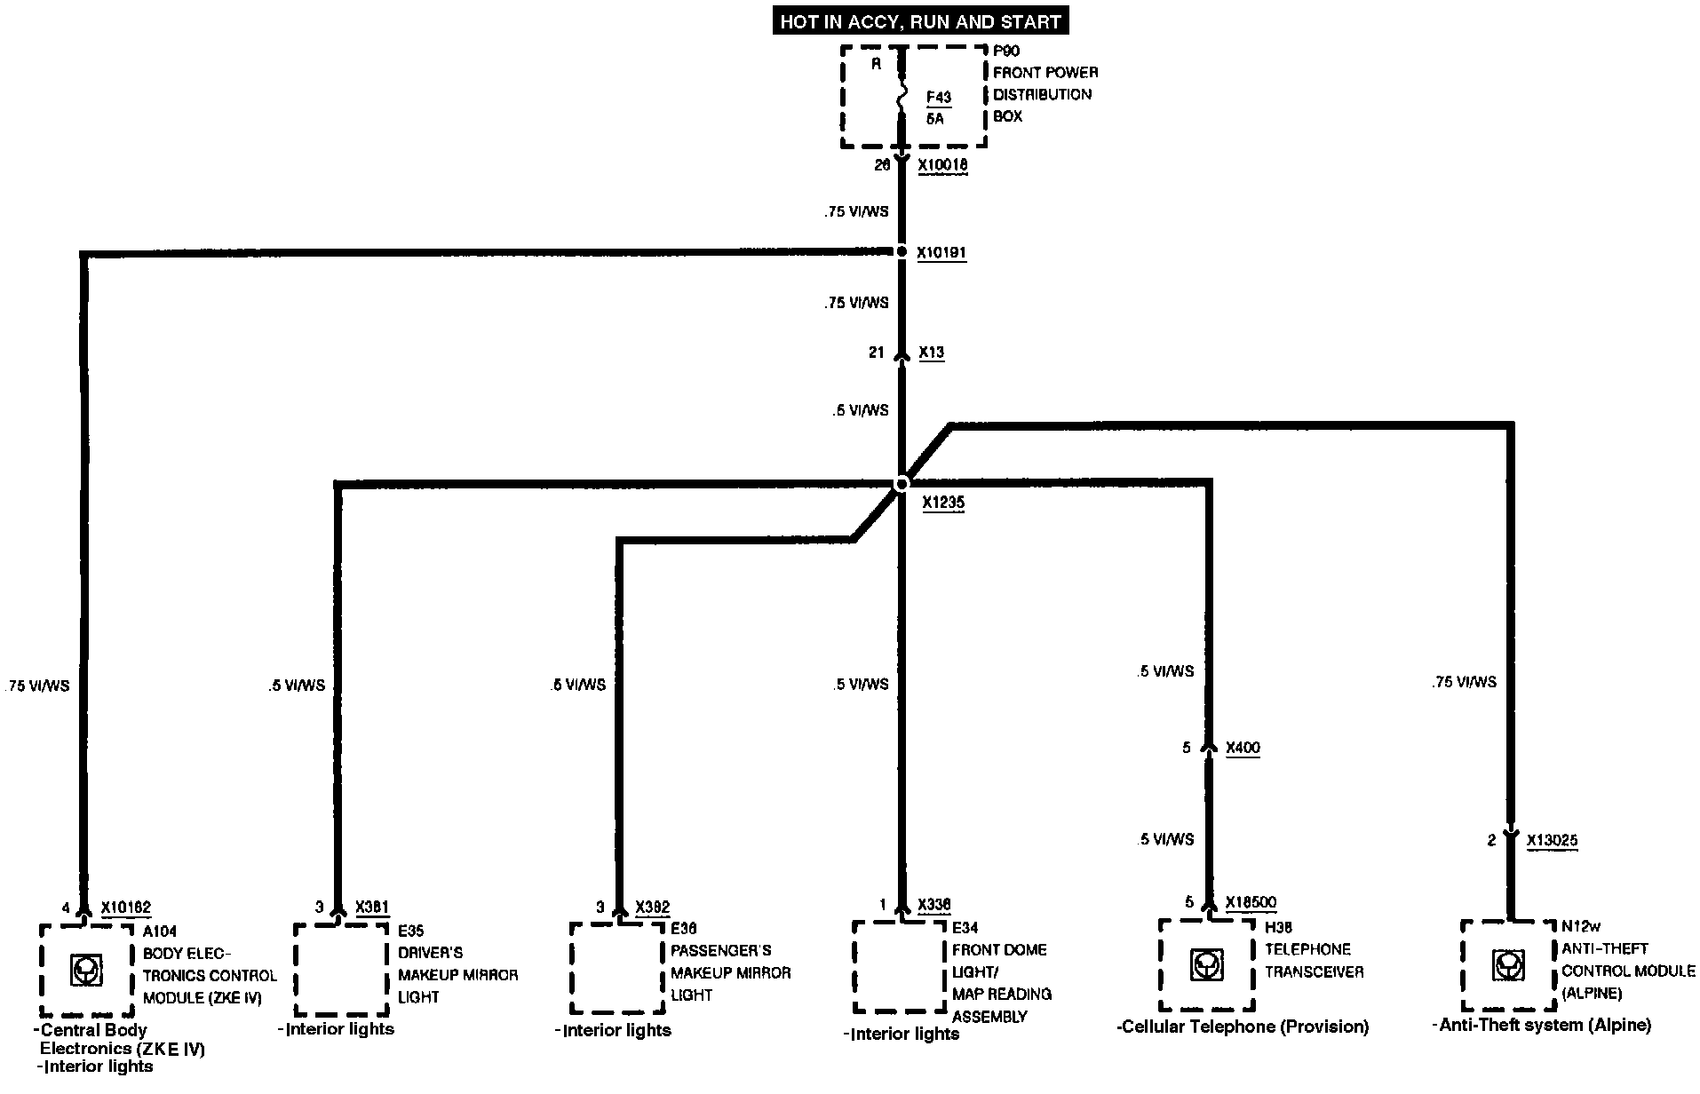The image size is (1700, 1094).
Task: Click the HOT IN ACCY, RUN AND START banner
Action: (920, 21)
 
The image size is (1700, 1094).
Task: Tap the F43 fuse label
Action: (938, 98)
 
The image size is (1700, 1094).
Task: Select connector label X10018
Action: (942, 165)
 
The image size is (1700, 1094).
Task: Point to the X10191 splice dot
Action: (902, 252)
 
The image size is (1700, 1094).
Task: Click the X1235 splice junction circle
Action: (902, 484)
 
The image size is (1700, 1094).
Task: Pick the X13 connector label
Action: (931, 353)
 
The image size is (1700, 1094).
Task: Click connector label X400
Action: (1243, 748)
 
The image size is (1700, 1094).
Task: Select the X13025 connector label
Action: (1552, 840)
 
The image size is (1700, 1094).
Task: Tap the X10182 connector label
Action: (126, 908)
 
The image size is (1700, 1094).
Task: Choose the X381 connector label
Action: (371, 907)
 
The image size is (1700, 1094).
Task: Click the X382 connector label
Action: (652, 907)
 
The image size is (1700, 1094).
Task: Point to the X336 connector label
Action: (933, 905)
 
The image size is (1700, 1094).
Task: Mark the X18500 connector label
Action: (1251, 902)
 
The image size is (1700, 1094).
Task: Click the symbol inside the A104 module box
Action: (86, 971)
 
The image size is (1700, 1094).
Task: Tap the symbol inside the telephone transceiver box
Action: (1205, 965)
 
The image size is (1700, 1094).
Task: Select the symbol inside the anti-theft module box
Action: (1507, 965)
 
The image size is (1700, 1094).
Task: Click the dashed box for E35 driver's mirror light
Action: (341, 969)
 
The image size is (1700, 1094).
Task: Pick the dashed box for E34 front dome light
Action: (899, 967)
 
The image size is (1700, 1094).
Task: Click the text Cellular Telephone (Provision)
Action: (1243, 1027)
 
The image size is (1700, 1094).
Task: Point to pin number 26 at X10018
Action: (881, 165)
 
